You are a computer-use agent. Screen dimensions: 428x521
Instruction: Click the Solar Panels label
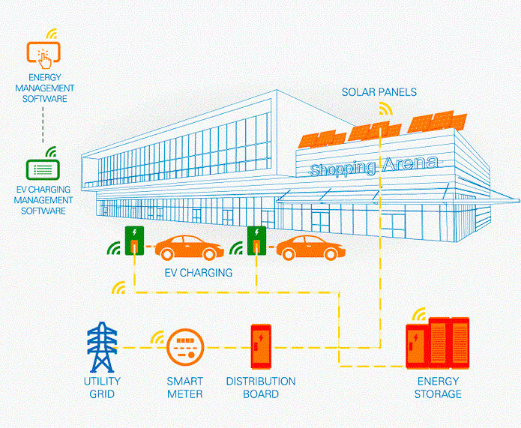point(379,92)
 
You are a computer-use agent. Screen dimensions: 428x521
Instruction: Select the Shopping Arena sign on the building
point(376,166)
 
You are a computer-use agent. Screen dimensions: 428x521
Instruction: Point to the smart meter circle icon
point(184,346)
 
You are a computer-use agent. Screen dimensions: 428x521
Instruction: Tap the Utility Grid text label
point(102,387)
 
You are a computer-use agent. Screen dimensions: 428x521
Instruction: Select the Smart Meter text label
point(184,387)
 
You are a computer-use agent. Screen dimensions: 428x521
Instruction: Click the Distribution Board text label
point(261,387)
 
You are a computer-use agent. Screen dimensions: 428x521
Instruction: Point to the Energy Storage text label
point(439,387)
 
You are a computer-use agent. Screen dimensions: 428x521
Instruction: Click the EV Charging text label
point(198,272)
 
